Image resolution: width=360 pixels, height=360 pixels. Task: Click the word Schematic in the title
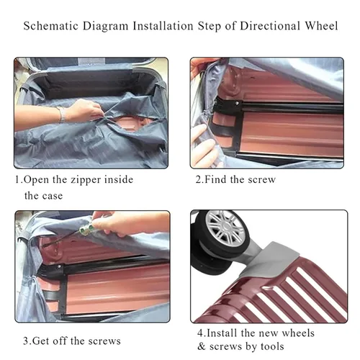[51, 26]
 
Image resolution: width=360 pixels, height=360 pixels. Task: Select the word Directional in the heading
[270, 26]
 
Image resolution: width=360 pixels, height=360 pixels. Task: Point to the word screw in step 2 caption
[262, 180]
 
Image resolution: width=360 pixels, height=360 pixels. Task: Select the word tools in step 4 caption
[273, 346]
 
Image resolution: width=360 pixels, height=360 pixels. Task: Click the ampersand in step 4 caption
[202, 347]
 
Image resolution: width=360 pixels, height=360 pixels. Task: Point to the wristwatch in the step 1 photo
[62, 114]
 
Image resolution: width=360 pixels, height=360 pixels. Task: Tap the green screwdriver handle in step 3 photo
[86, 229]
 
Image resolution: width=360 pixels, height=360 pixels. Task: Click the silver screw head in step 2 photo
[237, 103]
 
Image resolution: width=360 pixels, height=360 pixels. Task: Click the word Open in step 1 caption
[36, 180]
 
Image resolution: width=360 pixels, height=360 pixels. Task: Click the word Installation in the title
[163, 26]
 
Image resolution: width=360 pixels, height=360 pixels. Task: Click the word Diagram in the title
[106, 27]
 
